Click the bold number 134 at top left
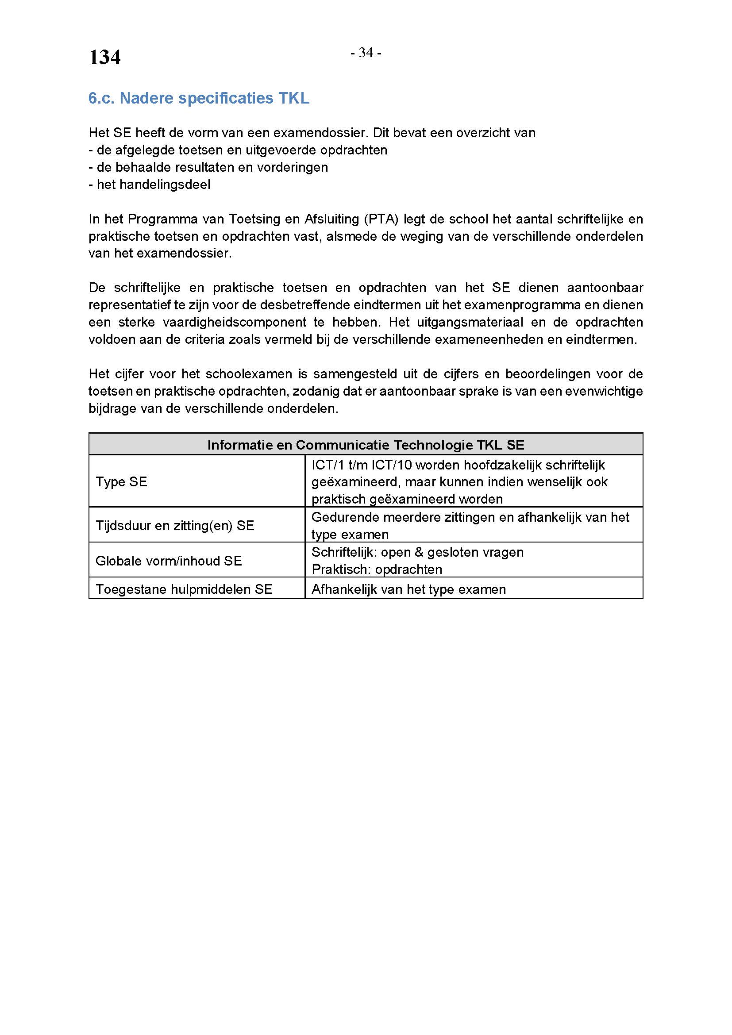pyautogui.click(x=104, y=58)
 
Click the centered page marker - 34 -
pyautogui.click(x=366, y=53)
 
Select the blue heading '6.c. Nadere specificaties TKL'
pyautogui.click(x=199, y=98)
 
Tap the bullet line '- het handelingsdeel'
pyautogui.click(x=150, y=185)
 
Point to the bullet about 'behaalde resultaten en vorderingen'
pyautogui.click(x=208, y=167)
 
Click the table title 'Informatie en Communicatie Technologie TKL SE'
pyautogui.click(x=366, y=445)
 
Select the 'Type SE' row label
pyautogui.click(x=121, y=482)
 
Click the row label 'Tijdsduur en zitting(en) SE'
pyautogui.click(x=175, y=526)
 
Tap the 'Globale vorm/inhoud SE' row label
pyautogui.click(x=169, y=561)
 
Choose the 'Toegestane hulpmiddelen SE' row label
pyautogui.click(x=184, y=589)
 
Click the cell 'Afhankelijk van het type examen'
pyautogui.click(x=408, y=589)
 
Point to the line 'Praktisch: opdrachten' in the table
pyautogui.click(x=377, y=570)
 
